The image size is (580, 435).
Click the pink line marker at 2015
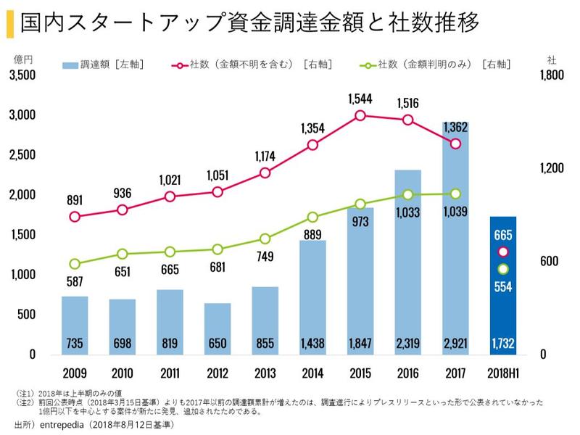(360, 115)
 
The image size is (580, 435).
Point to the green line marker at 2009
(75, 264)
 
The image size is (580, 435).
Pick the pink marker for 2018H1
(503, 252)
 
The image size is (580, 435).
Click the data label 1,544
(360, 98)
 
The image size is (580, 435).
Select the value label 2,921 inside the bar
(455, 344)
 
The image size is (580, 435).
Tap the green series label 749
(265, 256)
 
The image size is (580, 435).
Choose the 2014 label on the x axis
(312, 374)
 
